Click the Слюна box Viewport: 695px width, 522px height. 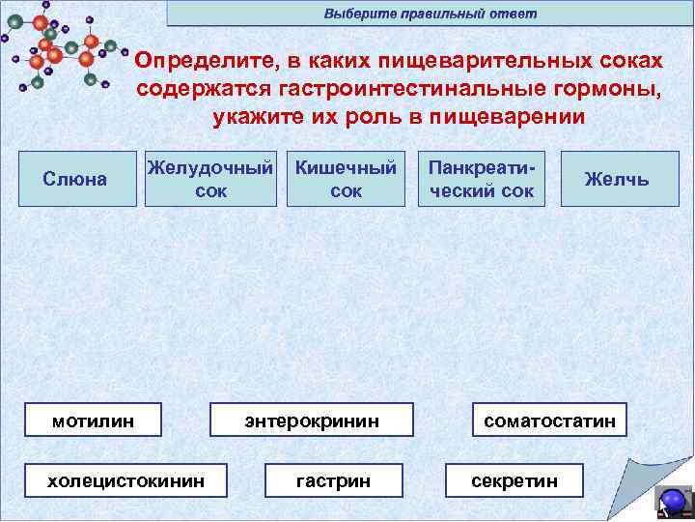(75, 179)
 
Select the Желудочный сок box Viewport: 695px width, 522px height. (210, 179)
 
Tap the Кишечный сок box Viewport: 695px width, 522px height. (346, 179)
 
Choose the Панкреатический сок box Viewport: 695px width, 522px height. (481, 179)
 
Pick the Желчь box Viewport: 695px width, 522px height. (616, 179)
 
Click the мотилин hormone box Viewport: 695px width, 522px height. (93, 420)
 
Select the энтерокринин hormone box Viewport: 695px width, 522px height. (312, 420)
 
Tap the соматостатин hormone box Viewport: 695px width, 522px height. (549, 420)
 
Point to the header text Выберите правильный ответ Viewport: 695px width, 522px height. (430, 14)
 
